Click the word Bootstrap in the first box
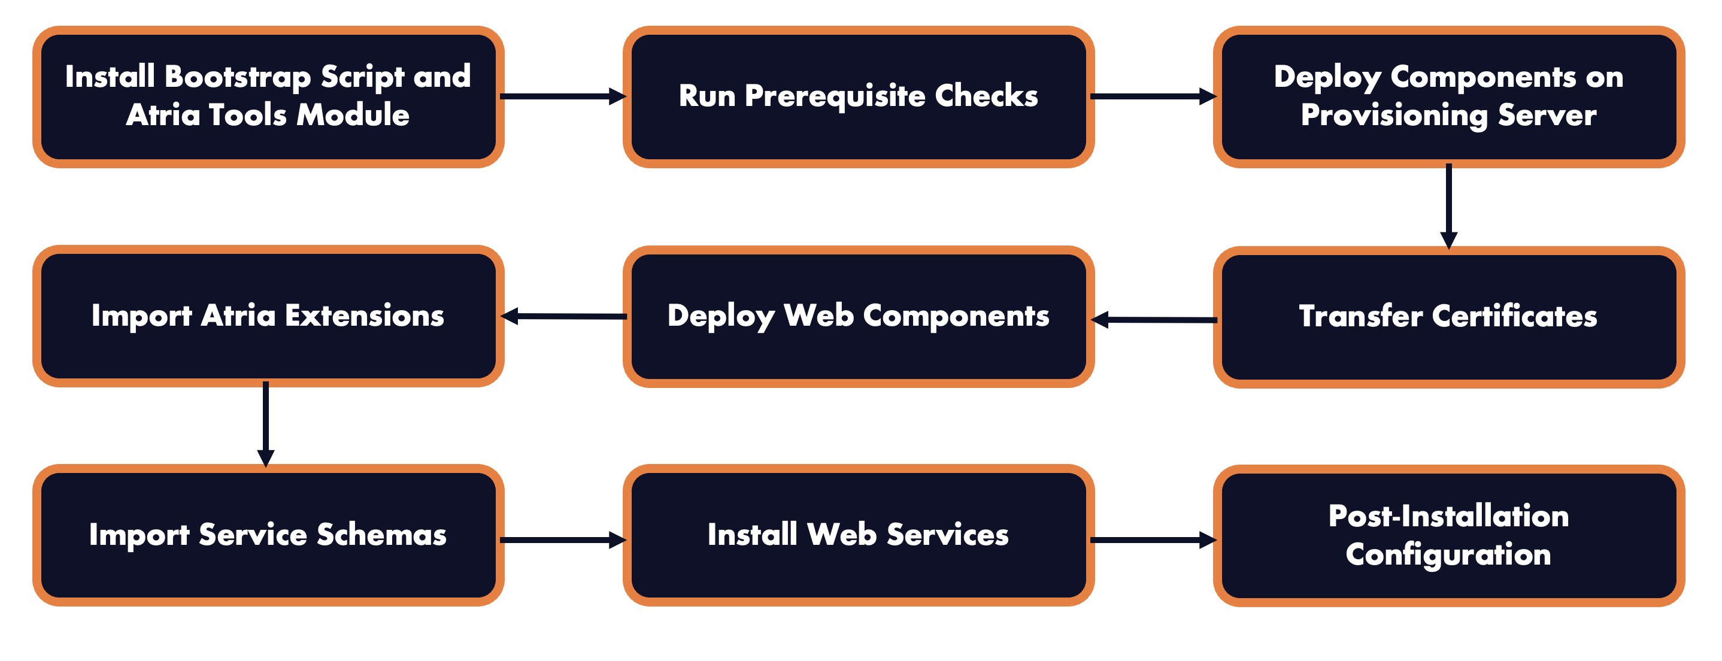point(237,77)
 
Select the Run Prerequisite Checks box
point(859,96)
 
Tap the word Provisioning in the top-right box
point(1394,116)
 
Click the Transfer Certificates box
point(1448,316)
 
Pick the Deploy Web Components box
point(859,316)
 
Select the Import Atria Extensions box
point(268,316)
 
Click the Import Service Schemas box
point(268,535)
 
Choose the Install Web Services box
point(859,535)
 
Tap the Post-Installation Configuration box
point(1448,535)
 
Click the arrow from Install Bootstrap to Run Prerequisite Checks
point(562,97)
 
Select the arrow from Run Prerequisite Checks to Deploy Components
point(1153,97)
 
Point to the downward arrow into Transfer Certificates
point(1448,206)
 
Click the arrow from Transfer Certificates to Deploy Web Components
point(1154,320)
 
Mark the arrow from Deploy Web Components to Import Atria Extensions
point(563,316)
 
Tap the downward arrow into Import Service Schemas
point(265,424)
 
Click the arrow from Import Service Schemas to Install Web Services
point(562,539)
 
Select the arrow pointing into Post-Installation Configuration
point(1153,539)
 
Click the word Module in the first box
point(352,116)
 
